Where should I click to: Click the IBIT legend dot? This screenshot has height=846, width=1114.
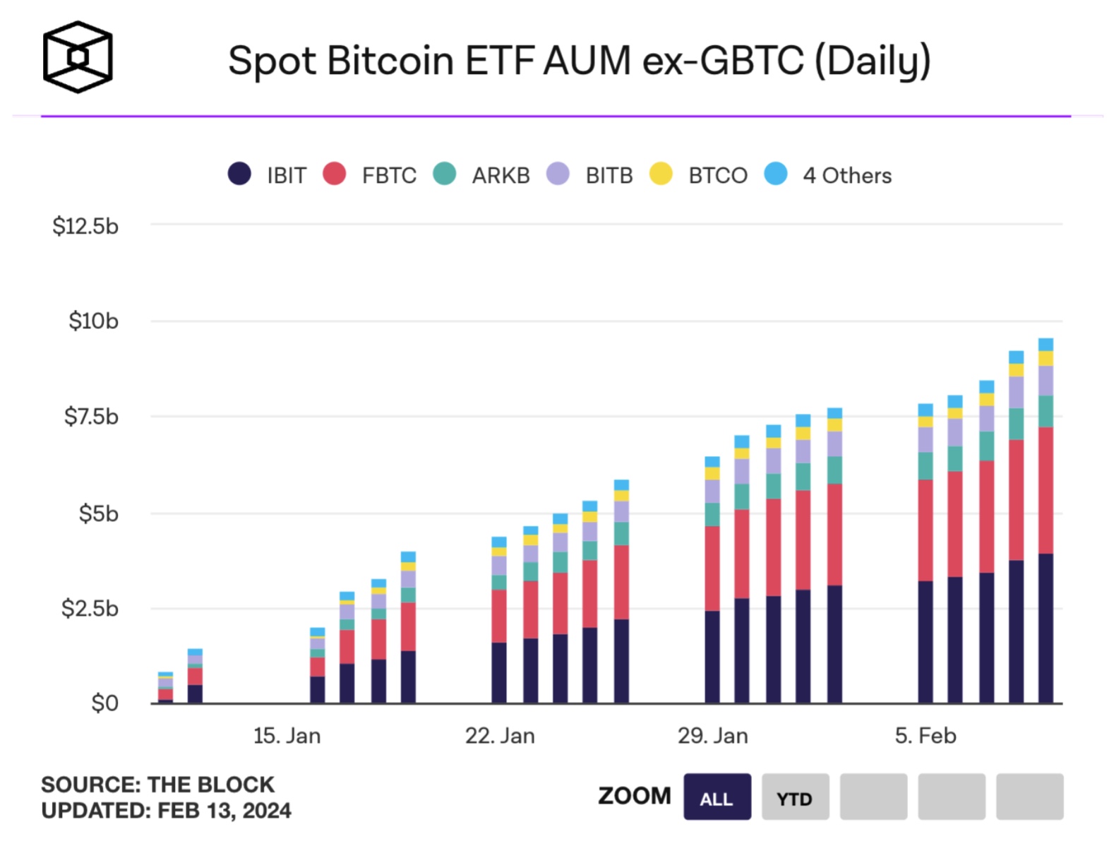(x=239, y=174)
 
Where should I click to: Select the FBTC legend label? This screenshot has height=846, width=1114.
(x=388, y=175)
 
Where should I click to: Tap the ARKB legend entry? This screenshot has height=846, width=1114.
(x=500, y=175)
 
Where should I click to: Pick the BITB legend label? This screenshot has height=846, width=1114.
(x=609, y=175)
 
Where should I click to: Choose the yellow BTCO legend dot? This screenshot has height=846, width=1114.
(x=661, y=174)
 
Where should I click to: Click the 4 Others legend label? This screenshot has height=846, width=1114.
(x=846, y=175)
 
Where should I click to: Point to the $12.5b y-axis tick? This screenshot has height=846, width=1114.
(x=85, y=226)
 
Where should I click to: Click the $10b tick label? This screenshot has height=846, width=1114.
(x=93, y=321)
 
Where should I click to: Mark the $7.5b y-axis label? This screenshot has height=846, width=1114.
(x=91, y=417)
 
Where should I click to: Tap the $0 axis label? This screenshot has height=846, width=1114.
(x=104, y=703)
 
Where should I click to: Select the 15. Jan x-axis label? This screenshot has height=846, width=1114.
(x=287, y=736)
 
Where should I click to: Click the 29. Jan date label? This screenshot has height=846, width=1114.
(x=712, y=736)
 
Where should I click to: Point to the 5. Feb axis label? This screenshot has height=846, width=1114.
(x=925, y=736)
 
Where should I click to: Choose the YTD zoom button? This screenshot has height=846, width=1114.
(x=795, y=798)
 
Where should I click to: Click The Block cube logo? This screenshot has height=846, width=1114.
(x=78, y=57)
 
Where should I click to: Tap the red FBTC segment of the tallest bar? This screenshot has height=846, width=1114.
(x=1046, y=490)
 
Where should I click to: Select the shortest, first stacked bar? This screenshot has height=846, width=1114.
(x=165, y=688)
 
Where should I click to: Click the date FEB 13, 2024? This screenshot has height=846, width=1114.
(x=224, y=811)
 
